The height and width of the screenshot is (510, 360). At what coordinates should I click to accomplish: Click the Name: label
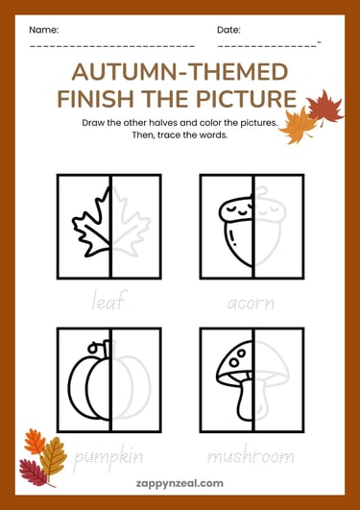coord(43,30)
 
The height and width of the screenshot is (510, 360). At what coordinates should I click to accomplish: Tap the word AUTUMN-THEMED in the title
coord(180,71)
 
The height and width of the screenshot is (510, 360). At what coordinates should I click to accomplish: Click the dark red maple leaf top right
coord(326,107)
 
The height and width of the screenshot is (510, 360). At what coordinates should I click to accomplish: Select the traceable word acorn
coord(252,304)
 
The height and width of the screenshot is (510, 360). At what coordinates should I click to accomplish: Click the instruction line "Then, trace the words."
coord(180,135)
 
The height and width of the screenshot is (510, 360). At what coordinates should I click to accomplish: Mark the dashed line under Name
coord(111,45)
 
